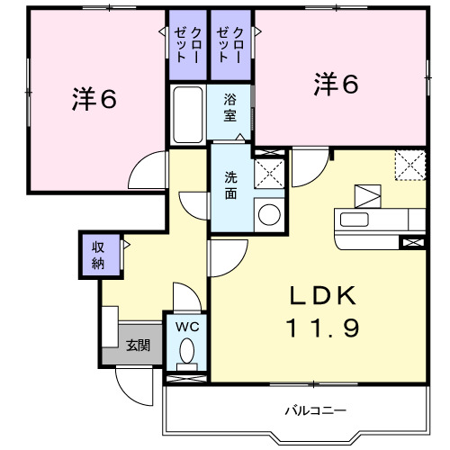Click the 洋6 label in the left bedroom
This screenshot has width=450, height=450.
point(94,100)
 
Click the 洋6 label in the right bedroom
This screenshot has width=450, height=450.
point(337,85)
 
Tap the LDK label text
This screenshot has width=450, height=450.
point(325,297)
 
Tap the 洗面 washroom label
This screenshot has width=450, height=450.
point(231,185)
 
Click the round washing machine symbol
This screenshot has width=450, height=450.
point(268,213)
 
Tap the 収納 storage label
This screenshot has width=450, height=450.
point(97,255)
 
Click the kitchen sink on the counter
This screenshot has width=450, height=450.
point(354,220)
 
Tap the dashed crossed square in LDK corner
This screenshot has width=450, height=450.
point(409,166)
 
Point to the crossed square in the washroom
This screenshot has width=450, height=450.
point(269,171)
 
